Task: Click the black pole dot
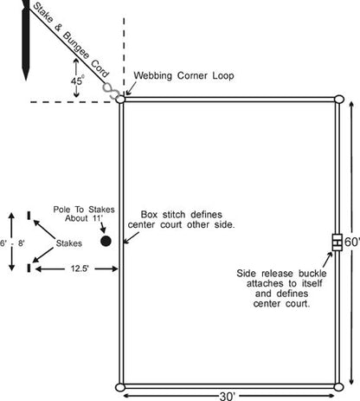pos(106,241)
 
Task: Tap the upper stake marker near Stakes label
pos(29,216)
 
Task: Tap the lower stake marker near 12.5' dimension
pos(29,268)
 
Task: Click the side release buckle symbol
pos(337,243)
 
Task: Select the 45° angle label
pos(77,81)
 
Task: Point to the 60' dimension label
pos(352,242)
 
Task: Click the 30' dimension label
pos(228,396)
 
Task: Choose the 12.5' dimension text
pos(80,268)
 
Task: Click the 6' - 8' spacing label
pos(12,243)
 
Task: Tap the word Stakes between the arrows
pos(69,243)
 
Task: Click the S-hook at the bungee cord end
pos(111,90)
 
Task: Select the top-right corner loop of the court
pos(339,100)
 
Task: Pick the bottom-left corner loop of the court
pos(120,387)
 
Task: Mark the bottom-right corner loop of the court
pos(338,387)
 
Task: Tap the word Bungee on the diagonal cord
pos(75,45)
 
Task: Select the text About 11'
pos(84,218)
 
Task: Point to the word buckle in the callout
pos(312,274)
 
